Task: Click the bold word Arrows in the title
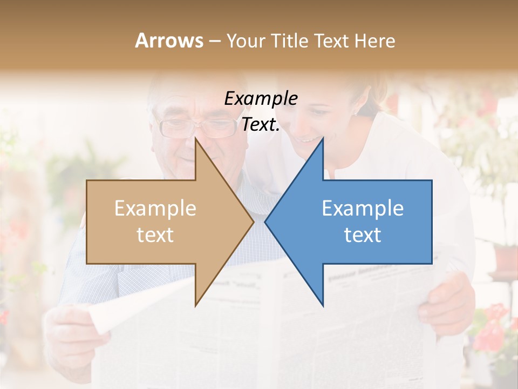pyautogui.click(x=169, y=41)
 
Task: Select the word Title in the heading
pyautogui.click(x=291, y=41)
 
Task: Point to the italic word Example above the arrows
pyautogui.click(x=261, y=98)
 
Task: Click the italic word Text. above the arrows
pyautogui.click(x=261, y=124)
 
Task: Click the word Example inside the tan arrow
pyautogui.click(x=155, y=209)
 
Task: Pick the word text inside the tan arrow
pyautogui.click(x=155, y=235)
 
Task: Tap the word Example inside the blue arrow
pyautogui.click(x=363, y=209)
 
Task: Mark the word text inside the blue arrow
pyautogui.click(x=363, y=235)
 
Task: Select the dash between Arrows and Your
pyautogui.click(x=214, y=41)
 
